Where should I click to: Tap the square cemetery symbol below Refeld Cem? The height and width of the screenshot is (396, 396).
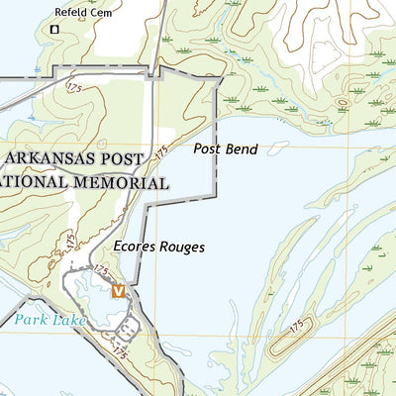[x=54, y=30]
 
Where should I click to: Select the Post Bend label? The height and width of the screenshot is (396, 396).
[x=226, y=149]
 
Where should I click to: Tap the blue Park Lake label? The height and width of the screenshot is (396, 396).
[x=49, y=320]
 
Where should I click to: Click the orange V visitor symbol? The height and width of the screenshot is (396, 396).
[x=119, y=291]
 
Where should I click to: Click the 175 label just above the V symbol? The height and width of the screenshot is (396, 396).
[x=100, y=269]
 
